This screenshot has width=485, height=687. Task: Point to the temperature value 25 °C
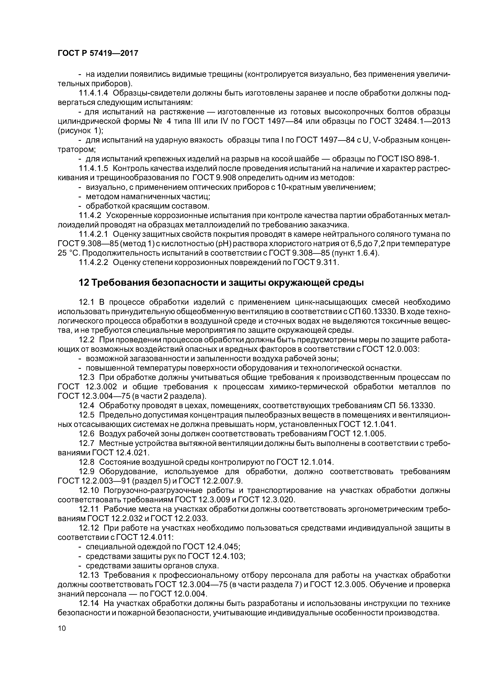[x=68, y=253]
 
